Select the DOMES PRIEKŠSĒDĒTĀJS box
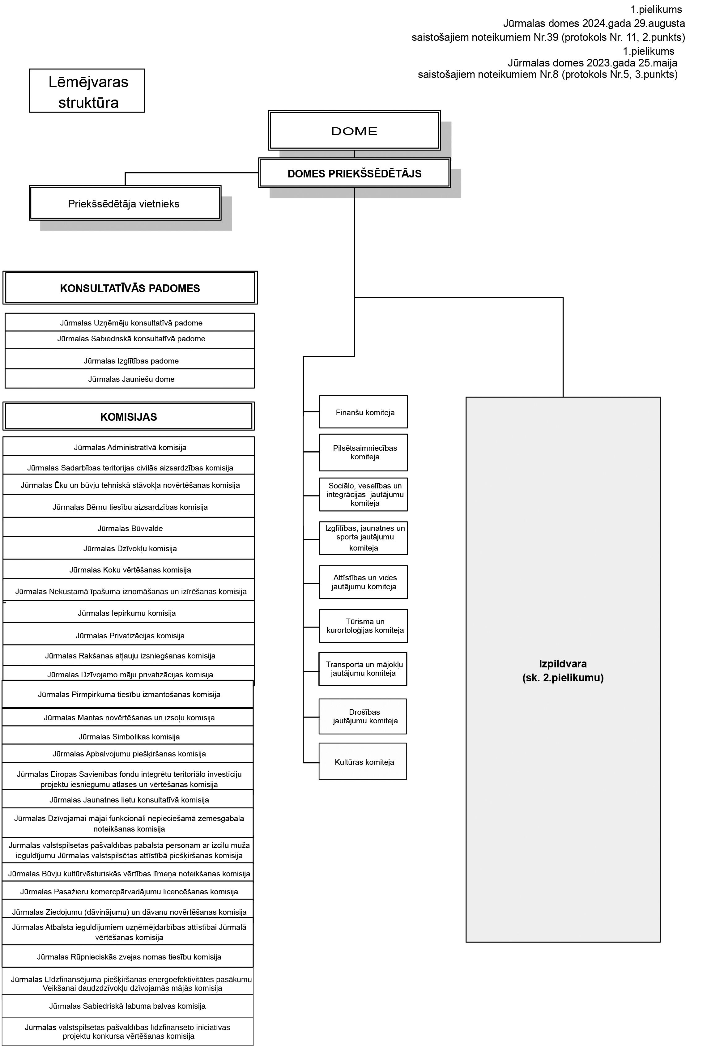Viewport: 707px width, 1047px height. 354,173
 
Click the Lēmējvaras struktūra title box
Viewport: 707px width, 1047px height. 87,91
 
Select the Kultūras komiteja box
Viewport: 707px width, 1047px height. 363,762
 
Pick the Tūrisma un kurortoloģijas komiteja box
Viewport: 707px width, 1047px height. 363,626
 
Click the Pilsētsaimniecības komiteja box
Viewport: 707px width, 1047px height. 363,452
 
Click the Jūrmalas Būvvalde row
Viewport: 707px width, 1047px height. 130,528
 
